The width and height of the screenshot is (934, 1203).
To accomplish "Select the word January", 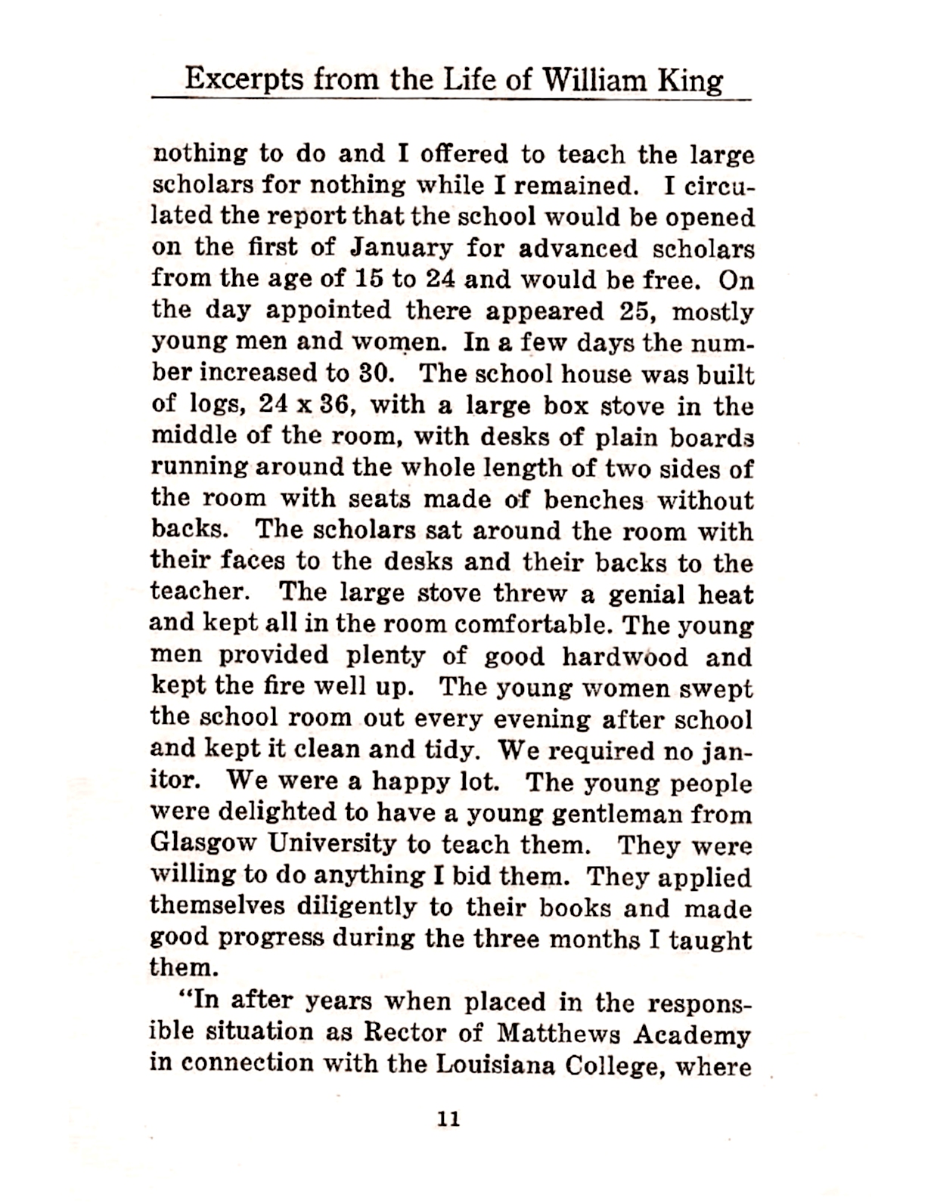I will coord(401,248).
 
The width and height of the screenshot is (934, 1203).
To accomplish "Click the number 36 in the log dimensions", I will coord(330,406).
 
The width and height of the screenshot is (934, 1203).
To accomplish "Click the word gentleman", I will coord(610,813).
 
